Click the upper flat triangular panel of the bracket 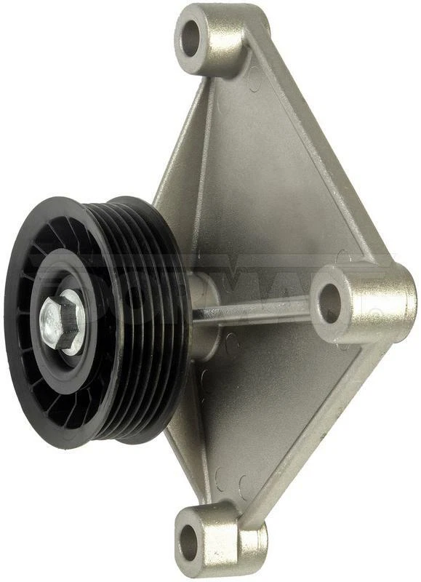254,175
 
